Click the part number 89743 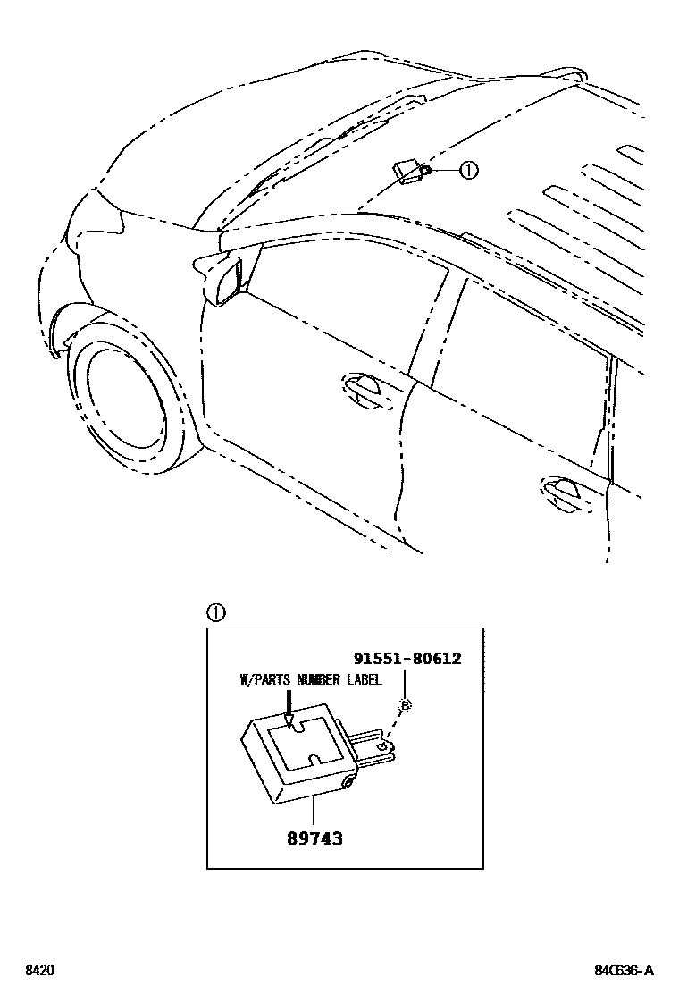pos(314,838)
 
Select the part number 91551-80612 pos(407,659)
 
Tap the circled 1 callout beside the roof pos(468,171)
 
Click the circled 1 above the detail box pos(215,613)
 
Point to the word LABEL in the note pos(363,680)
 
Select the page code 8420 pos(38,971)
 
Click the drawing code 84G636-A pos(624,971)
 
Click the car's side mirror pos(221,277)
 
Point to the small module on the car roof pos(409,169)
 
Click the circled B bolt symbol pos(404,705)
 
